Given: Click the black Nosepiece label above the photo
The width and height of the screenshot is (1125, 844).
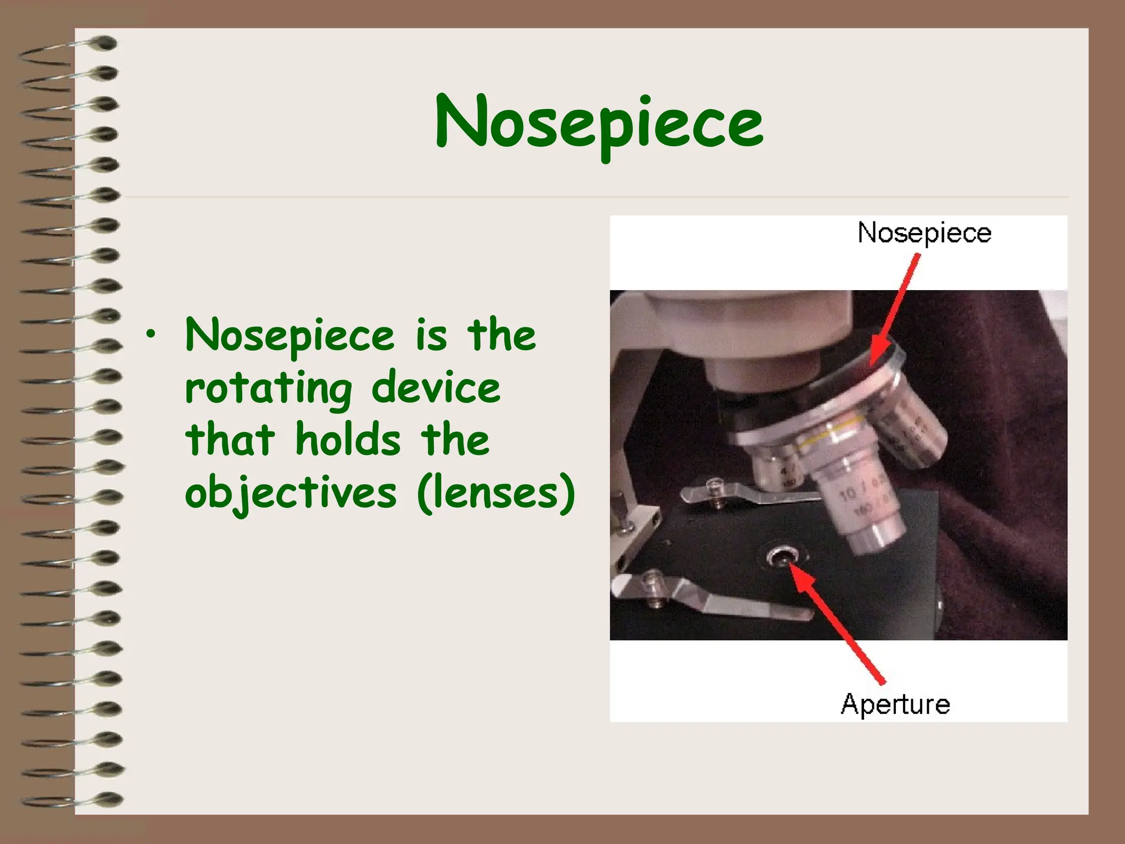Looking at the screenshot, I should click(924, 233).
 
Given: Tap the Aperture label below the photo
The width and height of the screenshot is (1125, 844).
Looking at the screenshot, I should click(895, 704).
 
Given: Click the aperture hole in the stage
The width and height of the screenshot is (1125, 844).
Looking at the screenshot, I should click(782, 558).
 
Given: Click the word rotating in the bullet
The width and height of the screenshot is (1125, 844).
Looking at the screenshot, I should click(268, 388).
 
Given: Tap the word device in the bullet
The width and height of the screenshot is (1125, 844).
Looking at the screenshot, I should click(436, 388).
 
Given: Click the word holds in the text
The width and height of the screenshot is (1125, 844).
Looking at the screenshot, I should click(348, 440).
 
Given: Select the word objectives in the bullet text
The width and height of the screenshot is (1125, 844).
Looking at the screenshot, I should click(290, 493).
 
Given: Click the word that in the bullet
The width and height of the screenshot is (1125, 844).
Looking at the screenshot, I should click(230, 440).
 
